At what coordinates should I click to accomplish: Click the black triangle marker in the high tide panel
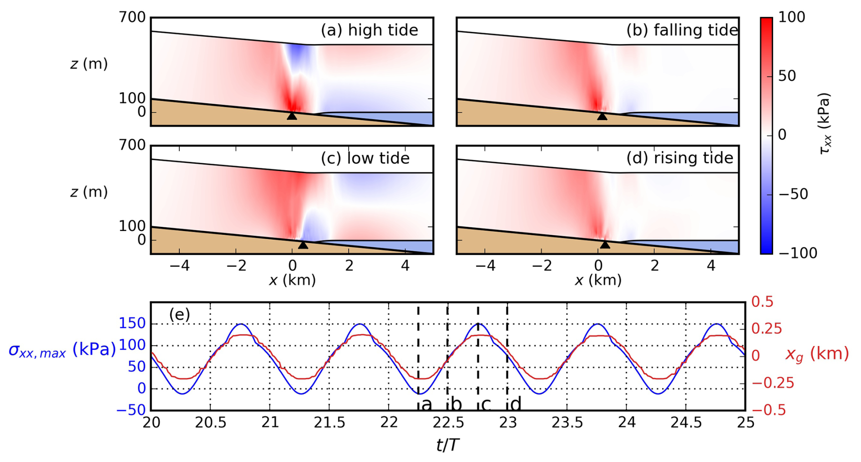[292, 116]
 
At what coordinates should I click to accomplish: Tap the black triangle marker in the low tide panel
[303, 245]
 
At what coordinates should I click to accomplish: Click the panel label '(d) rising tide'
[680, 158]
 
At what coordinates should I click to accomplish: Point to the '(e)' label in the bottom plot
[179, 314]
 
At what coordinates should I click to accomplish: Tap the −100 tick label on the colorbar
[797, 253]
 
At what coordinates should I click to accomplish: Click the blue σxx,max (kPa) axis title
[62, 350]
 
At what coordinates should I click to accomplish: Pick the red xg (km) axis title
[817, 354]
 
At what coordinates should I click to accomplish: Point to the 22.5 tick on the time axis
[448, 423]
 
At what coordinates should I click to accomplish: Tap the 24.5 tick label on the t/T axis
[686, 423]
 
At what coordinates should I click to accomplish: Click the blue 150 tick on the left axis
[132, 324]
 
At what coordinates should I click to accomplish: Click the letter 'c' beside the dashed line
[486, 404]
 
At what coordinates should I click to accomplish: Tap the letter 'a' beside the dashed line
[426, 404]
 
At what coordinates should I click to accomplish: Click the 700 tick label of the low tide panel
[132, 146]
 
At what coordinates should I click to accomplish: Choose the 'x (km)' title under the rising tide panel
[598, 280]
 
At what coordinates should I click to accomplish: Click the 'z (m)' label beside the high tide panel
[89, 64]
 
